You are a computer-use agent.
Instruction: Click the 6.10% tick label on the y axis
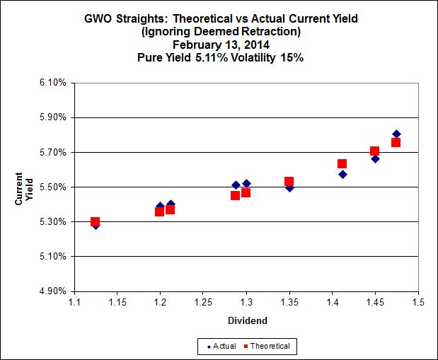(x=53, y=83)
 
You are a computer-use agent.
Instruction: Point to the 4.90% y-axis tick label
(x=53, y=291)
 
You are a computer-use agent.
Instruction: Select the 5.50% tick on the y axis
(x=53, y=187)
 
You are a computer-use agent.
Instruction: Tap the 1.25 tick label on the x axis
(x=203, y=303)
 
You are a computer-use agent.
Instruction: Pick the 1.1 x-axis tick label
(x=74, y=303)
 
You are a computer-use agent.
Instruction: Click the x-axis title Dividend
(x=246, y=320)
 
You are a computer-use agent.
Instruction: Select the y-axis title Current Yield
(x=24, y=187)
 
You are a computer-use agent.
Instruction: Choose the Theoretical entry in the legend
(x=267, y=346)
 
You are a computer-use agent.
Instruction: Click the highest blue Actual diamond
(x=396, y=134)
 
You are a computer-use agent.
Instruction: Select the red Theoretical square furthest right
(x=396, y=142)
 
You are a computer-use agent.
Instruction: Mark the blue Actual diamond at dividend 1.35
(x=289, y=187)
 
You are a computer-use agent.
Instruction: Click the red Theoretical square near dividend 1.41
(x=342, y=164)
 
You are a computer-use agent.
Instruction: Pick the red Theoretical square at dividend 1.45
(x=374, y=151)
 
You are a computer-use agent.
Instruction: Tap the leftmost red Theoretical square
(x=96, y=222)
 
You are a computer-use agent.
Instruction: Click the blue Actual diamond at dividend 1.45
(x=375, y=158)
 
